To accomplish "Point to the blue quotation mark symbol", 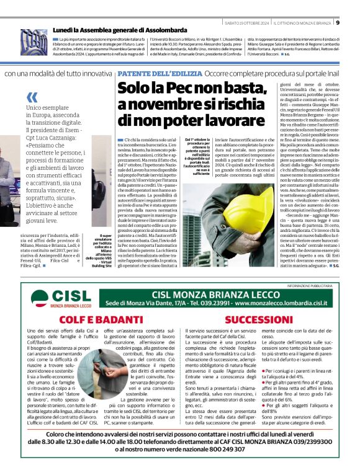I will (x=32, y=97).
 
